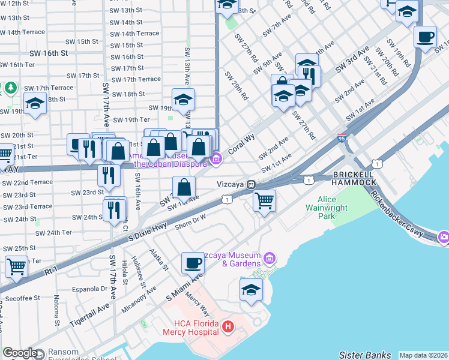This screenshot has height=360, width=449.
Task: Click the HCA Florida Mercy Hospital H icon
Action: [228, 327]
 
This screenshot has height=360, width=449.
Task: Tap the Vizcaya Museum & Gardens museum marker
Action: [270, 259]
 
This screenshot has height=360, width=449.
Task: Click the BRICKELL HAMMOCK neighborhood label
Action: [354, 178]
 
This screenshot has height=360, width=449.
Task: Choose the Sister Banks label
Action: [365, 355]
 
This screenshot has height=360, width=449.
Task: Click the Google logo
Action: [20, 353]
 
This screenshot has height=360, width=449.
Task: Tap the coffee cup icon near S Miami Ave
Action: [193, 263]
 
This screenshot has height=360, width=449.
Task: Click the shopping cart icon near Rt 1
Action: [16, 266]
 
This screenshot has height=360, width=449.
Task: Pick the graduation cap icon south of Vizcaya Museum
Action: [251, 290]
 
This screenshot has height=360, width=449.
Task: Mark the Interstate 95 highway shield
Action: [341, 138]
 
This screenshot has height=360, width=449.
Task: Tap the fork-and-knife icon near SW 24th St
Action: [115, 209]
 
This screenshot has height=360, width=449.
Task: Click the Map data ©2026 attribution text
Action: [424, 355]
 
